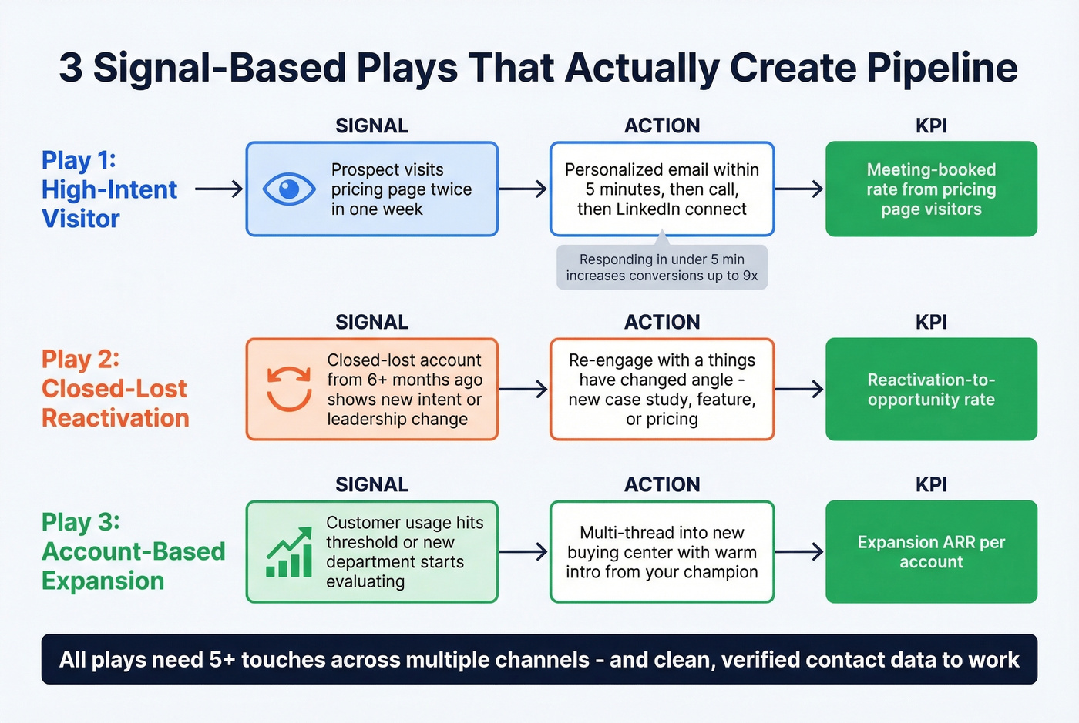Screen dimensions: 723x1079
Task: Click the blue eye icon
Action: [288, 189]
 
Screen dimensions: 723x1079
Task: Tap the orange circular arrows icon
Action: [289, 388]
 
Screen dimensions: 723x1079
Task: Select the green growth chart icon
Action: [289, 554]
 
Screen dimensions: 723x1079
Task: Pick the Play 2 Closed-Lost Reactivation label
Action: [115, 388]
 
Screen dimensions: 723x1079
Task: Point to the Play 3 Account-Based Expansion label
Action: [133, 551]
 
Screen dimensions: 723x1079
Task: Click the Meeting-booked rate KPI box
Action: [931, 189]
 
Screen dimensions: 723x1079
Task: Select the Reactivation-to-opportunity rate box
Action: [931, 389]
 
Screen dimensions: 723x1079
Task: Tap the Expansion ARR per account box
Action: [931, 551]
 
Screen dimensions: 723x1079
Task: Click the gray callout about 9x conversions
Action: [661, 267]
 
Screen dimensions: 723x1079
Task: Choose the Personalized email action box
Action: [661, 189]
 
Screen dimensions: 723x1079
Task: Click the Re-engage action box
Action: [661, 389]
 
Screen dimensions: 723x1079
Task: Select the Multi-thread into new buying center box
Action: [661, 551]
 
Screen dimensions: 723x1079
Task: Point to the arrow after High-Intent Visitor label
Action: [219, 189]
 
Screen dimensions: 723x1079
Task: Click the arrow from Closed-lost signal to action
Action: [523, 389]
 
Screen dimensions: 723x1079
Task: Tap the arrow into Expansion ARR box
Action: [799, 551]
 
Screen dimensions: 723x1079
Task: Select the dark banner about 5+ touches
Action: [539, 659]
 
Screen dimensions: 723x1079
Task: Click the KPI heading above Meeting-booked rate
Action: [931, 126]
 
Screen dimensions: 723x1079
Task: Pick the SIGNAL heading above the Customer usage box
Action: [371, 484]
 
